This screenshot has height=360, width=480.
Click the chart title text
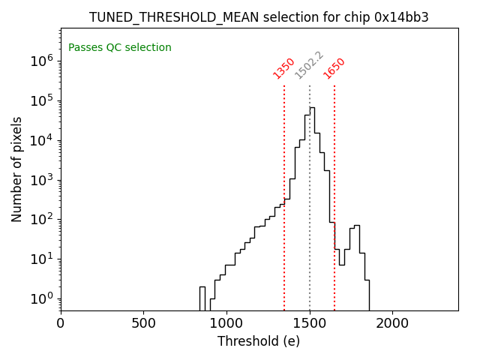tap(259, 17)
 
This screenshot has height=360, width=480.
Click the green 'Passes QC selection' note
tap(120, 48)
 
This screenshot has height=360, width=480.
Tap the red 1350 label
tap(283, 67)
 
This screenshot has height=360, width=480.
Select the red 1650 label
tap(334, 67)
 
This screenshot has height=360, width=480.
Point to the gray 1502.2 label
tap(308, 65)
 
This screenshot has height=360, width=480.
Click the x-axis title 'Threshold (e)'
tap(259, 341)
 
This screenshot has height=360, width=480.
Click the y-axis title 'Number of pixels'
tap(17, 169)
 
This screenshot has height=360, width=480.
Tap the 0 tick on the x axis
tap(61, 323)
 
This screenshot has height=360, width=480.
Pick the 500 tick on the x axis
tap(143, 323)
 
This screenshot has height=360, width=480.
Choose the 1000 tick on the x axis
tap(226, 323)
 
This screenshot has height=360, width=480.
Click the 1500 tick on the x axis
tap(309, 323)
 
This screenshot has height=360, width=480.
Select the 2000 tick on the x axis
tap(392, 323)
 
